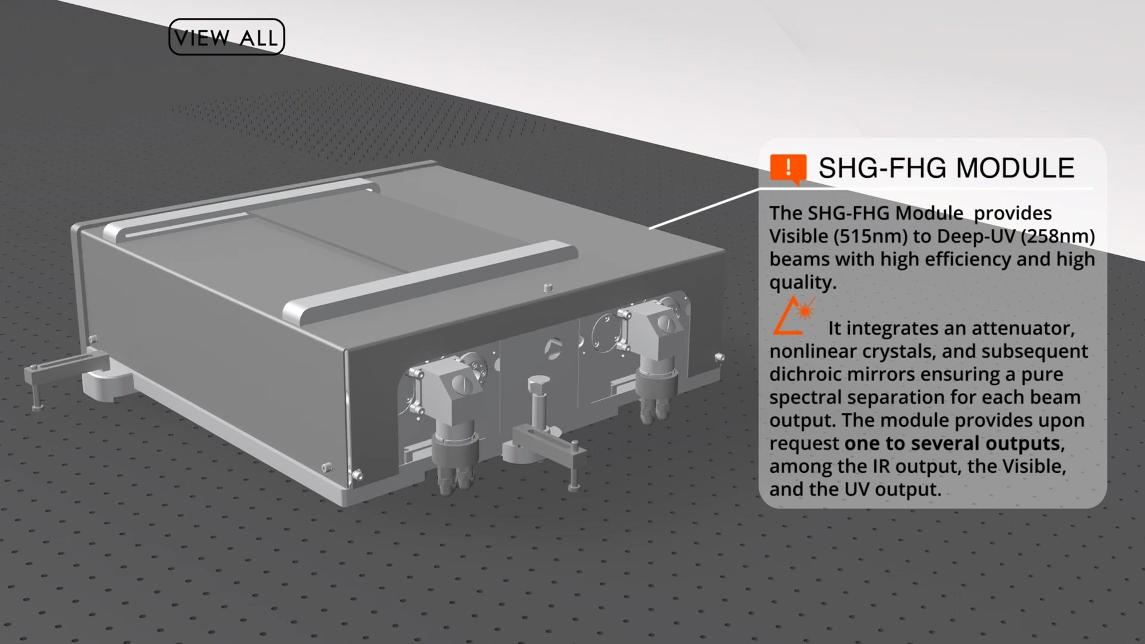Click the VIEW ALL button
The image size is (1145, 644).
(227, 37)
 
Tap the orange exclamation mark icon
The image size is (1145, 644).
(788, 169)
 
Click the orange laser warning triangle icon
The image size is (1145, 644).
(793, 315)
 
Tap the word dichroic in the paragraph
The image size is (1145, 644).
(804, 374)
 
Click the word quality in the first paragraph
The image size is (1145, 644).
(803, 283)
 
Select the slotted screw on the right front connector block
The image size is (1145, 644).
(665, 323)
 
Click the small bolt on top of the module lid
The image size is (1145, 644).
(548, 288)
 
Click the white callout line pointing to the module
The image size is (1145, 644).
(704, 209)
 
